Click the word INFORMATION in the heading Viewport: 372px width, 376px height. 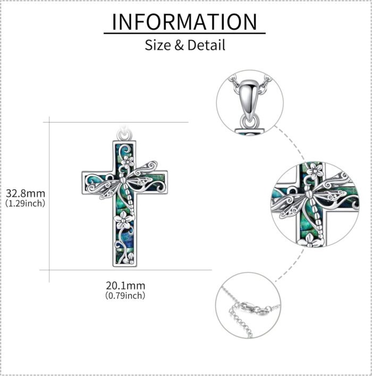[x=184, y=22]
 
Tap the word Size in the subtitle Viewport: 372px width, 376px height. [x=158, y=45]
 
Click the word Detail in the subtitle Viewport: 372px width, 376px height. [x=206, y=45]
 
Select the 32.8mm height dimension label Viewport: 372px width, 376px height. [x=26, y=193]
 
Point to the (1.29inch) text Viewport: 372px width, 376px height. [x=26, y=203]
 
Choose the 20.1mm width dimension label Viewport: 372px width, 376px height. [x=125, y=286]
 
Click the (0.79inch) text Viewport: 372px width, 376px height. [x=125, y=295]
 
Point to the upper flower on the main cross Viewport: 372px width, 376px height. [x=128, y=161]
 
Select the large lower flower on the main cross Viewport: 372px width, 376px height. [x=123, y=221]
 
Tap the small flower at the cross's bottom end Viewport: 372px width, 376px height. [x=130, y=260]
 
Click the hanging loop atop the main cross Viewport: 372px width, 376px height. [x=124, y=135]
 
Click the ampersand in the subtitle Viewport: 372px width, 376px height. [x=179, y=45]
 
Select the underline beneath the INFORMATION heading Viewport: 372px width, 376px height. [x=184, y=33]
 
